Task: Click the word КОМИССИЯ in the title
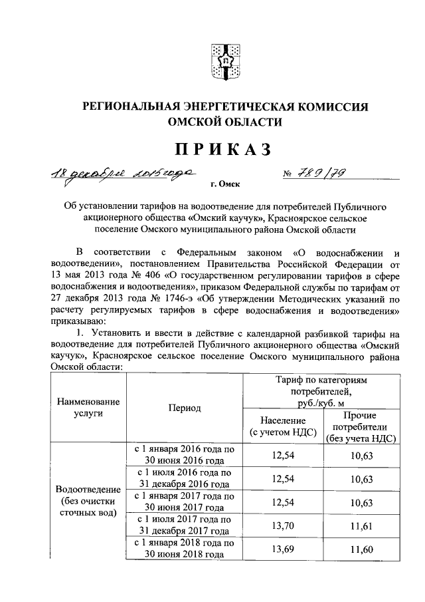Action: (x=331, y=106)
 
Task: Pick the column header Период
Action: (x=184, y=408)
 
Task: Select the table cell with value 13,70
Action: (x=283, y=526)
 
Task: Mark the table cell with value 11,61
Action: (x=361, y=526)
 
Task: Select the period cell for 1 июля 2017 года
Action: (x=183, y=526)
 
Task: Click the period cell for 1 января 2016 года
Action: (x=183, y=456)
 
